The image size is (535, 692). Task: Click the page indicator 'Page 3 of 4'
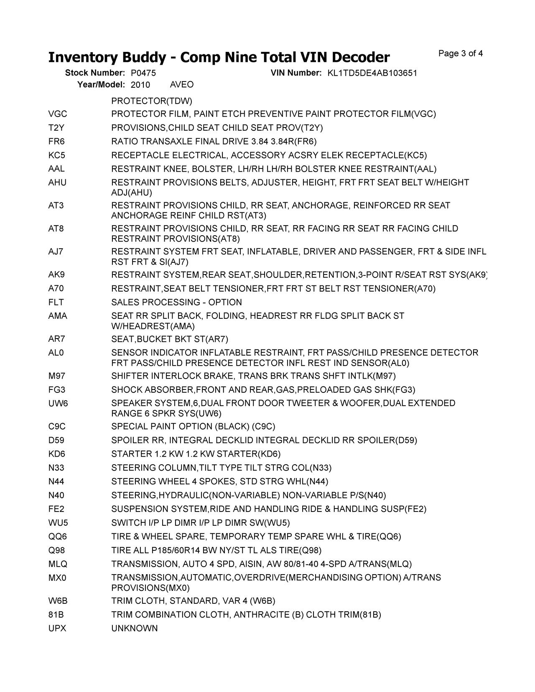460,53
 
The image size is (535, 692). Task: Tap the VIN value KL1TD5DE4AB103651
372,73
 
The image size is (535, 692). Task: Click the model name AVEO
182,84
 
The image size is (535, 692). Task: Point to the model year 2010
140,85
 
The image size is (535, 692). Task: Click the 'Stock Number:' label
95,73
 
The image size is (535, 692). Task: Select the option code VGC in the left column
58,114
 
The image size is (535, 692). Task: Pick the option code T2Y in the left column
56,127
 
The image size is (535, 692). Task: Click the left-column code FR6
56,141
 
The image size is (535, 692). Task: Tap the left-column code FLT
56,302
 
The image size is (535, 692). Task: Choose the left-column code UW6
58,403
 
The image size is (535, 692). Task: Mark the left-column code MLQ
58,564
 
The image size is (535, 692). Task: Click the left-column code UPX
57,628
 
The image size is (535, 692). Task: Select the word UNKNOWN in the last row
135,628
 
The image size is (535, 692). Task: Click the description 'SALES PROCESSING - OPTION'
176,302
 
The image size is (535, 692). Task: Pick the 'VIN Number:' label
296,73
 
